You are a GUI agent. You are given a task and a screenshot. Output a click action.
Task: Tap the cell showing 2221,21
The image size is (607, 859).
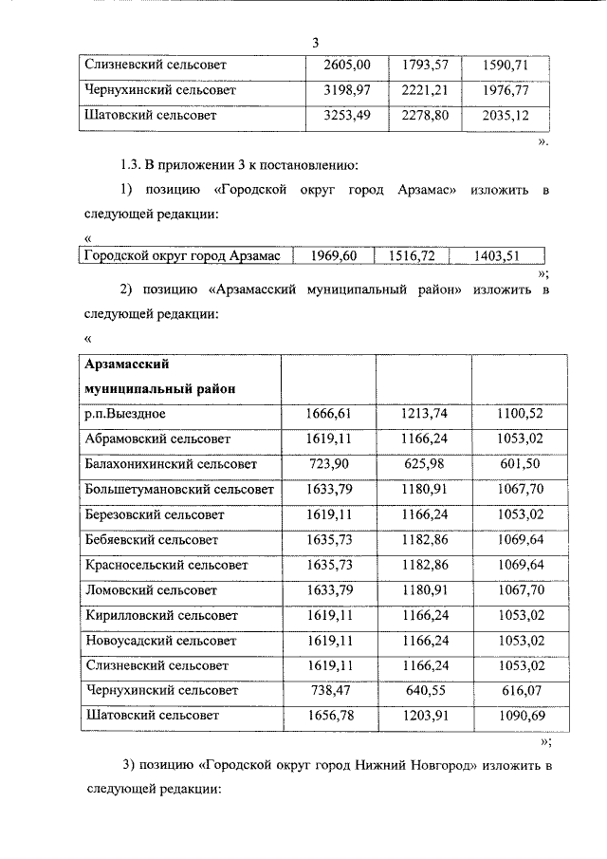(x=424, y=91)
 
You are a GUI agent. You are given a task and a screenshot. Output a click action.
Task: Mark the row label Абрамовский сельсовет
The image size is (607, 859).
(x=157, y=439)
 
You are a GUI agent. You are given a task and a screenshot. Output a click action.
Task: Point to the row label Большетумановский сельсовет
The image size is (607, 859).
(x=179, y=490)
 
